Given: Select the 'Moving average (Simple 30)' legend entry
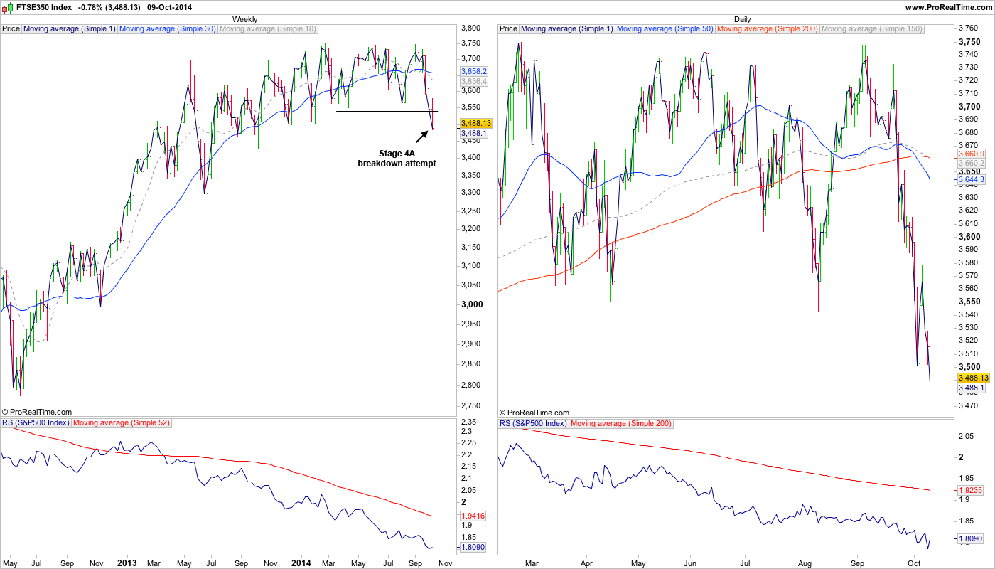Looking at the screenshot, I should tap(168, 29).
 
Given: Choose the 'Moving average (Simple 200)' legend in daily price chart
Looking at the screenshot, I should tap(768, 29).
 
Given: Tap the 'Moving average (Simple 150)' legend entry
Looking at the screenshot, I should tap(872, 29).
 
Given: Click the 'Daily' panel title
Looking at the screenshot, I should tap(742, 19).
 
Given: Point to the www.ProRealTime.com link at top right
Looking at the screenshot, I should tap(949, 7).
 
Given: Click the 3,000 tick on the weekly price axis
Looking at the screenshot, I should tap(472, 304).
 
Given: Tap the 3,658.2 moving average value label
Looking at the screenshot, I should tap(473, 72).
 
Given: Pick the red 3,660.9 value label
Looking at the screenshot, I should tap(971, 154).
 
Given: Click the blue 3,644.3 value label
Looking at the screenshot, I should tap(971, 180).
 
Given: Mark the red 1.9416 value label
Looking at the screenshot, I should tap(473, 516).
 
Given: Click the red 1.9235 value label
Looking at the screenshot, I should tap(971, 490).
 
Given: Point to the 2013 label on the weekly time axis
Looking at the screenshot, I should tap(127, 563).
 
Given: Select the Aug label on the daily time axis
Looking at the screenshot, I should tap(804, 563).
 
